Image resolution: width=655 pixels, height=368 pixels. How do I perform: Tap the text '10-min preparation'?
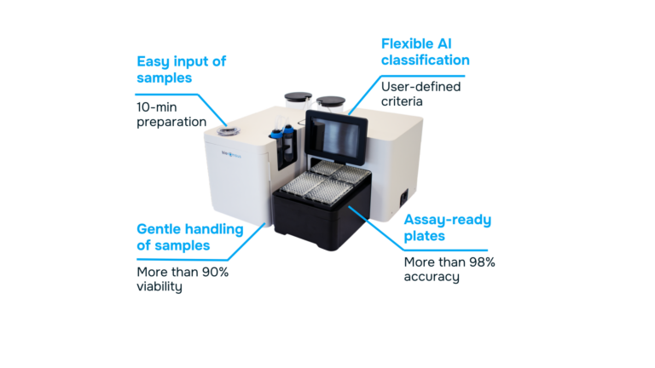tap(171, 113)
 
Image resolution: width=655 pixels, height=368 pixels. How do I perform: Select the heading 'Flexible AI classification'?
tap(425, 52)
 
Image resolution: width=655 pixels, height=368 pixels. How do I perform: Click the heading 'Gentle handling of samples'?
tap(190, 237)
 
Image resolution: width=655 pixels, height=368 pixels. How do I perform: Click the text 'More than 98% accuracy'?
tap(449, 268)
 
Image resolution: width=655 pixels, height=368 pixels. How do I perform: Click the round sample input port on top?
tap(229, 132)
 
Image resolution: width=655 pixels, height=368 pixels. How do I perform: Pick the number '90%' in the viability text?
tap(213, 272)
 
